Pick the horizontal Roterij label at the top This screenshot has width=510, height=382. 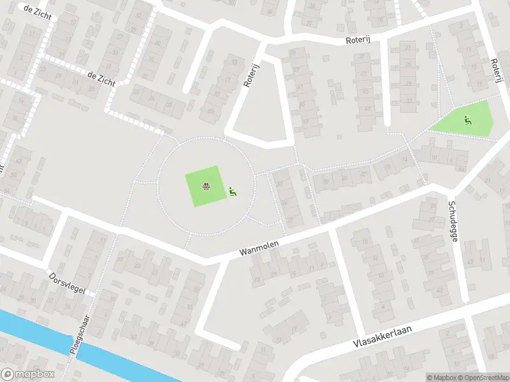(358, 39)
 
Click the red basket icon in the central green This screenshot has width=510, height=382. (207, 187)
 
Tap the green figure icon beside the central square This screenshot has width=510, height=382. (233, 191)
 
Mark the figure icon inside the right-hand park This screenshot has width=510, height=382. (468, 119)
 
